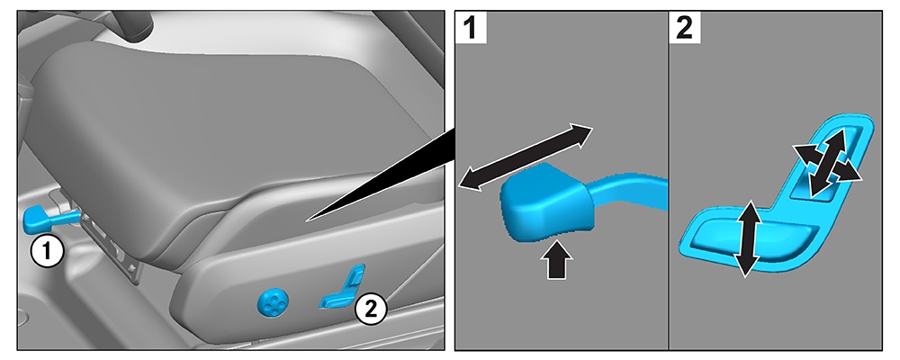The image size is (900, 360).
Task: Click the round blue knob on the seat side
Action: point(272,301)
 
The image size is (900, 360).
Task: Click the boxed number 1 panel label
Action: point(472,29)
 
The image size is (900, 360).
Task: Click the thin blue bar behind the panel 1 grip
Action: point(630,192)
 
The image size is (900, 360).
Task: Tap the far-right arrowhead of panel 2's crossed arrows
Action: point(852,177)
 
